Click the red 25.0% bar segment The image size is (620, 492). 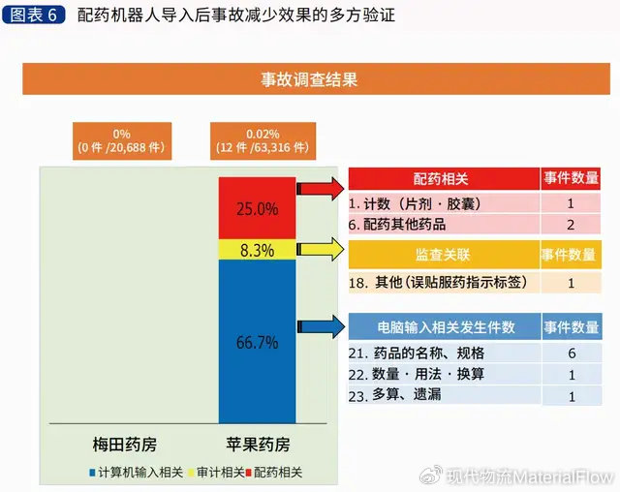click(x=257, y=208)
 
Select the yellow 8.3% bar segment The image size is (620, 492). click(x=257, y=249)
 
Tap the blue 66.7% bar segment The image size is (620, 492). click(x=257, y=342)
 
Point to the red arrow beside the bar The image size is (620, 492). click(x=321, y=189)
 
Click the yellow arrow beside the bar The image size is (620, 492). click(x=321, y=249)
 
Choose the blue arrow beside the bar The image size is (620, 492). click(x=321, y=326)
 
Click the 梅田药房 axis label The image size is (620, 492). click(x=125, y=445)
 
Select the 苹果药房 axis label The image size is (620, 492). click(x=258, y=445)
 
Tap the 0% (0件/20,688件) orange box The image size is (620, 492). click(x=122, y=141)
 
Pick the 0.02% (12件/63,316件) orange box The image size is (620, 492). click(x=263, y=141)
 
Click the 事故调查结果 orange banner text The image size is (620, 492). click(x=309, y=79)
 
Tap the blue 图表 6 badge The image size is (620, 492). click(x=33, y=15)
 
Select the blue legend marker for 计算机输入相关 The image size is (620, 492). click(x=93, y=473)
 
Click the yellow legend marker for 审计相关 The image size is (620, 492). click(x=192, y=473)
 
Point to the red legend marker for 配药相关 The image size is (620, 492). click(x=249, y=473)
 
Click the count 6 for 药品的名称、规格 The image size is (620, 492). click(x=572, y=353)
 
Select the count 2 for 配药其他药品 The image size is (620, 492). click(x=571, y=225)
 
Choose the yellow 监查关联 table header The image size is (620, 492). click(x=444, y=255)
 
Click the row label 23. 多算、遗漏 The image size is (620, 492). click(x=394, y=395)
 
